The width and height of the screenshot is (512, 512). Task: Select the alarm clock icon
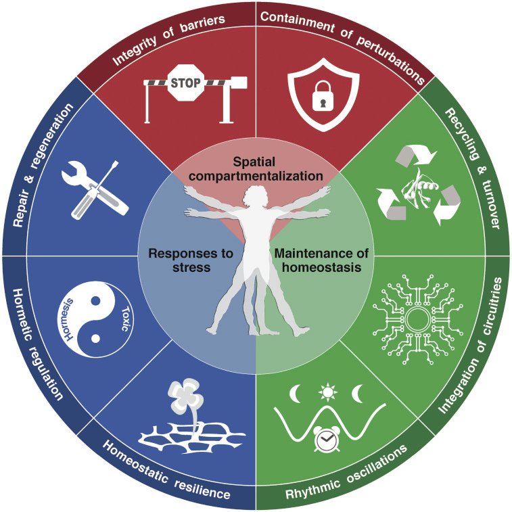click(x=327, y=442)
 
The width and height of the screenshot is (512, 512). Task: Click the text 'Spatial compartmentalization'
click(x=256, y=170)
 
